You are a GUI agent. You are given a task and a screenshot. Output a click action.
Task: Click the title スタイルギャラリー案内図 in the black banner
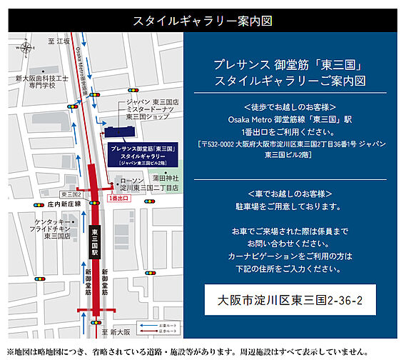[203, 20]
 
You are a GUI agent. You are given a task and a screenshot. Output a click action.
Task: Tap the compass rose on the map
[26, 48]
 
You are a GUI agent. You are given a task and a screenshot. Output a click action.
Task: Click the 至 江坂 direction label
[61, 41]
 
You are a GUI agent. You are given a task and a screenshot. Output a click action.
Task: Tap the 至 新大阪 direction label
[116, 332]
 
